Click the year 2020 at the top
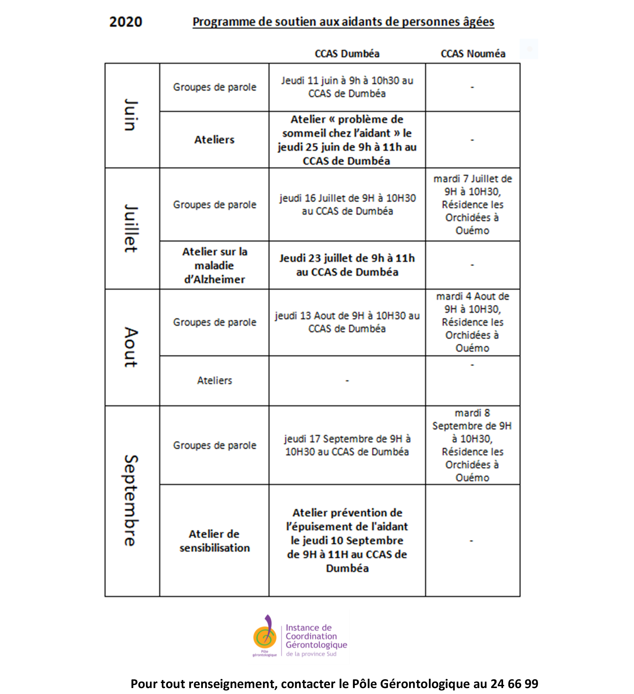coord(126,22)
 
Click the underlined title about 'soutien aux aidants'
coord(343,22)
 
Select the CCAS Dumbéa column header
coord(347,54)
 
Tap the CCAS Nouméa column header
coord(473,54)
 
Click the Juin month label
coord(131,115)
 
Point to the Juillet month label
coord(131,228)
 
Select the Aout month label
coord(131,347)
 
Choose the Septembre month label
coord(131,501)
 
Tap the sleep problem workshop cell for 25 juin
coord(347,140)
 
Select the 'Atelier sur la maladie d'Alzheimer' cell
coord(215,265)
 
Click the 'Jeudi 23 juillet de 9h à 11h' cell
coord(347,265)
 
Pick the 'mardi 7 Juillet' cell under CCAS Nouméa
coord(472,205)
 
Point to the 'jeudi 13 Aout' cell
coord(347,322)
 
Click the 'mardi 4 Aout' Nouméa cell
coord(472,322)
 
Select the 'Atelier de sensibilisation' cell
coord(215,541)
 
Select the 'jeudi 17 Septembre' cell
coord(347,445)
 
